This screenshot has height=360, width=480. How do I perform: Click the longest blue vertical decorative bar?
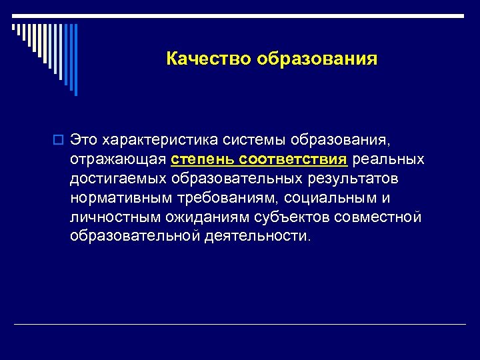75,59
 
